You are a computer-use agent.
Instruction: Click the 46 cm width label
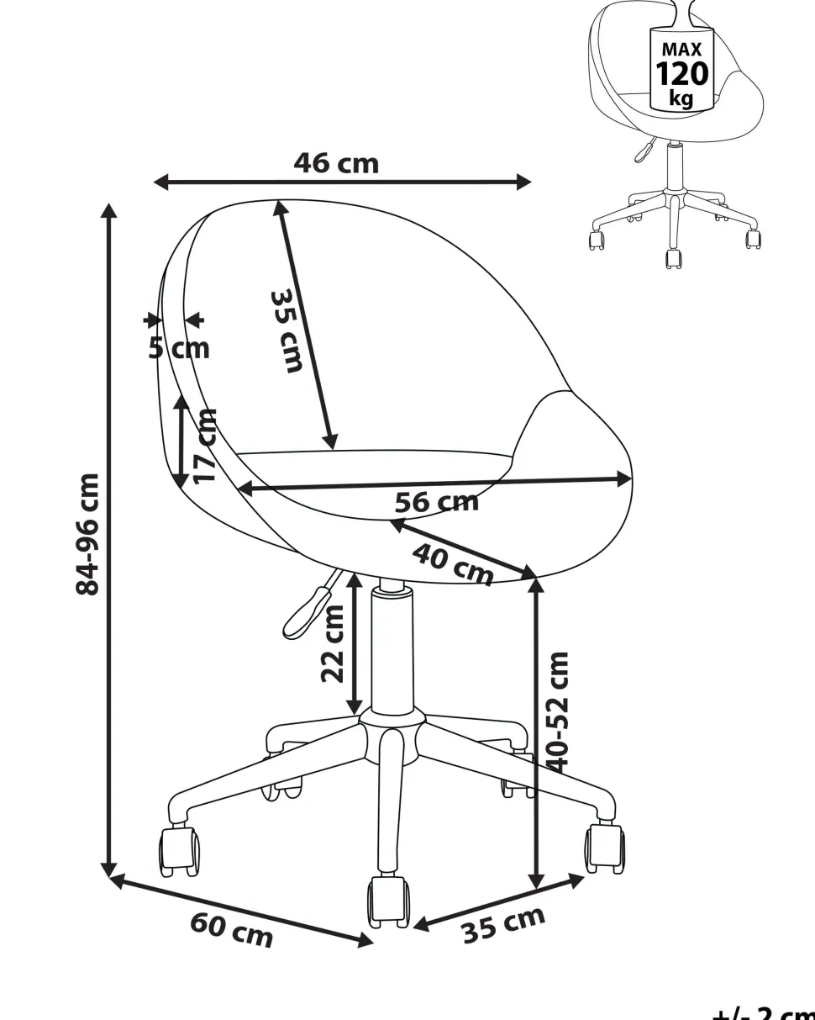pos(336,164)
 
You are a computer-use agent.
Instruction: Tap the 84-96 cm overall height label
pos(87,534)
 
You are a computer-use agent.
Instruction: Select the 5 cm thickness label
pos(178,349)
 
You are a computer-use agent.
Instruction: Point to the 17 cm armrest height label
pos(205,446)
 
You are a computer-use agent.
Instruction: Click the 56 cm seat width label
pos(437,502)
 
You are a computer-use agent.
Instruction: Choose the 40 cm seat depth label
pos(452,564)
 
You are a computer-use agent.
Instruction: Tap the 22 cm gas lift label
pos(333,644)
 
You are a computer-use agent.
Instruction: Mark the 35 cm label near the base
pos(503,925)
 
